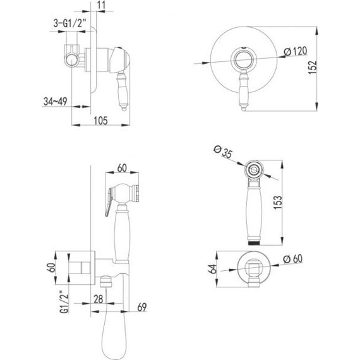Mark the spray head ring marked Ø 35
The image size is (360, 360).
tap(253, 169)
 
